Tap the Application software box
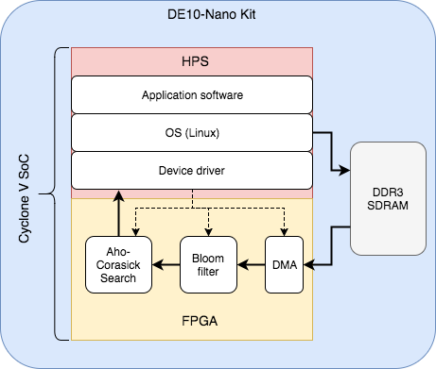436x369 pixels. point(192,95)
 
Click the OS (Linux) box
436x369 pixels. point(192,133)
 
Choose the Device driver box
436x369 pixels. point(192,171)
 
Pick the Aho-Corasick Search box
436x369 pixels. point(116,264)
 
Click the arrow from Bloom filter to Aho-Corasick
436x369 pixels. point(164,264)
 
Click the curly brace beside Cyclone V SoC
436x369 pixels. point(61,193)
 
